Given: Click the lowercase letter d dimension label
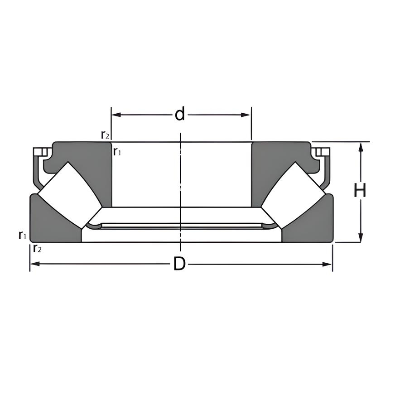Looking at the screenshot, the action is coord(180,114).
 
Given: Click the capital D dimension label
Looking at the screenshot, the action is coord(180,264).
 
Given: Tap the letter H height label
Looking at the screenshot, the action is coord(360,190).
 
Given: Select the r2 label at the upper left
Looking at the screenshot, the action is coord(105,135).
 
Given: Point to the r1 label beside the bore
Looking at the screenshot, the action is coord(117,151).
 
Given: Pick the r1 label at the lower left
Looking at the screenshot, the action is coord(22,235).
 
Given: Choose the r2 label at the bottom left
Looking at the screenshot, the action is coord(37,248).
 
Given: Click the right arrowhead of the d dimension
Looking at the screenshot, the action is coord(245,115).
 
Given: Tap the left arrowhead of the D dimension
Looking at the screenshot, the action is coord(35,264).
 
